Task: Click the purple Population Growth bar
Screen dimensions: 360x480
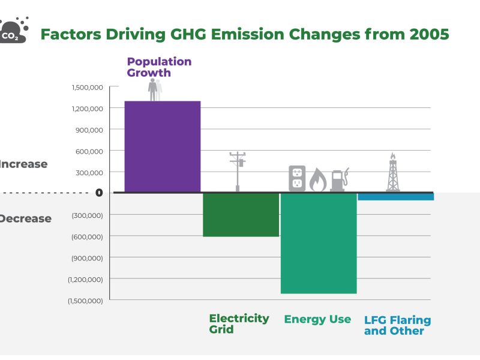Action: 162,146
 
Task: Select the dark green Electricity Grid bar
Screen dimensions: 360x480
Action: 241,214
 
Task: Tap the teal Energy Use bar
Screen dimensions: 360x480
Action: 319,243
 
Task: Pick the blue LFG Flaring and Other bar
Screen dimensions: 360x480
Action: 395,196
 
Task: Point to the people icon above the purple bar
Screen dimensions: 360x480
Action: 155,89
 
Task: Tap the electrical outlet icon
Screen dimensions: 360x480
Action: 297,178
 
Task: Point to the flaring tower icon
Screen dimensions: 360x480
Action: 393,172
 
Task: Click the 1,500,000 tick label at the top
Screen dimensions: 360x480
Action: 88,87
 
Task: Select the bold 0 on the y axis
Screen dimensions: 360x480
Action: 99,193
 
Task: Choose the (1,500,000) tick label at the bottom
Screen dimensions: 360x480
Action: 85,300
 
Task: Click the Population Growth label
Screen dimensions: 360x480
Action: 159,67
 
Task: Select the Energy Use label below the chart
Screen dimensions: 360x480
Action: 317,319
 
